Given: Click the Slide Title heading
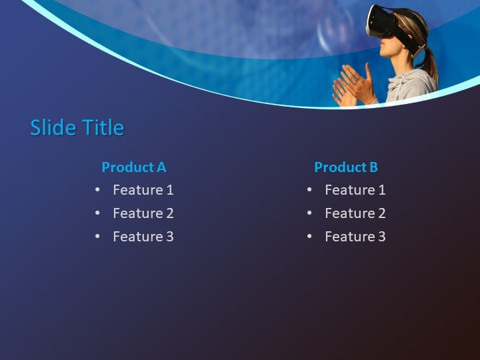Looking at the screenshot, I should (x=77, y=127).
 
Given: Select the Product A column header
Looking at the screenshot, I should (x=133, y=167).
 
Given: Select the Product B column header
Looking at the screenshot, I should (x=345, y=167).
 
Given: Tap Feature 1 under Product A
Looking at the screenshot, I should (x=143, y=190).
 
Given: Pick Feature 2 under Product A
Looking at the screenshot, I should (x=143, y=213).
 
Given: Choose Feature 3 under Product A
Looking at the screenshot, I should (x=143, y=237).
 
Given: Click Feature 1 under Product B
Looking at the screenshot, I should (x=355, y=190).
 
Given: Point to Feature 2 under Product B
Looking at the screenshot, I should (x=355, y=213).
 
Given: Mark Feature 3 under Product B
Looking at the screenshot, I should (x=355, y=237).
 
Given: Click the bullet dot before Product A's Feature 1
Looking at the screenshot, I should (x=97, y=190).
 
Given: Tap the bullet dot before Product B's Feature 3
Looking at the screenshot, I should (x=309, y=237).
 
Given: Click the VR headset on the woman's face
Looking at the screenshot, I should (x=383, y=21).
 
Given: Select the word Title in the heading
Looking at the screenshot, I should (x=101, y=127).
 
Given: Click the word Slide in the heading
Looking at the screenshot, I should (x=52, y=127).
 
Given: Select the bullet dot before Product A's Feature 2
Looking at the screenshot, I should (x=97, y=213).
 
